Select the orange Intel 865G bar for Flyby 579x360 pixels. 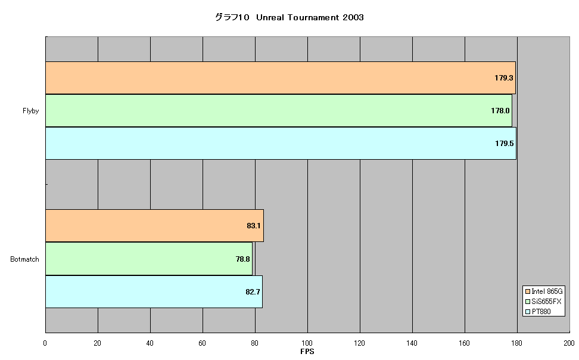click(281, 77)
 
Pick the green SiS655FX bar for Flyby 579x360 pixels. click(279, 110)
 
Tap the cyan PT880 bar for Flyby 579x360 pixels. click(281, 144)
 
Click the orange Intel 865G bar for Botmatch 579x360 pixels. click(154, 225)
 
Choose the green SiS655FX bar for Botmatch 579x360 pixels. click(149, 259)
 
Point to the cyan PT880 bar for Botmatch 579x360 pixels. click(154, 291)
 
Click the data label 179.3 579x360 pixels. click(504, 78)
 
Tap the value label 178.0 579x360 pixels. click(500, 111)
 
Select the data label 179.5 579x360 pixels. click(505, 144)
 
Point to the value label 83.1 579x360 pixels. click(254, 226)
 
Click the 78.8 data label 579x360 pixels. click(242, 259)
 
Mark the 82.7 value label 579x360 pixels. click(253, 292)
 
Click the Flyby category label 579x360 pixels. click(30, 111)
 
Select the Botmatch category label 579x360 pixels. click(25, 259)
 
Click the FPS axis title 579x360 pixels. click(307, 352)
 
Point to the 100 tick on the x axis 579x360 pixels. click(307, 343)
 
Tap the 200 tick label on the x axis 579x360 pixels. click(569, 343)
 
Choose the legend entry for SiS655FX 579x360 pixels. click(543, 302)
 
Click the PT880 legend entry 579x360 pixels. click(538, 312)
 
